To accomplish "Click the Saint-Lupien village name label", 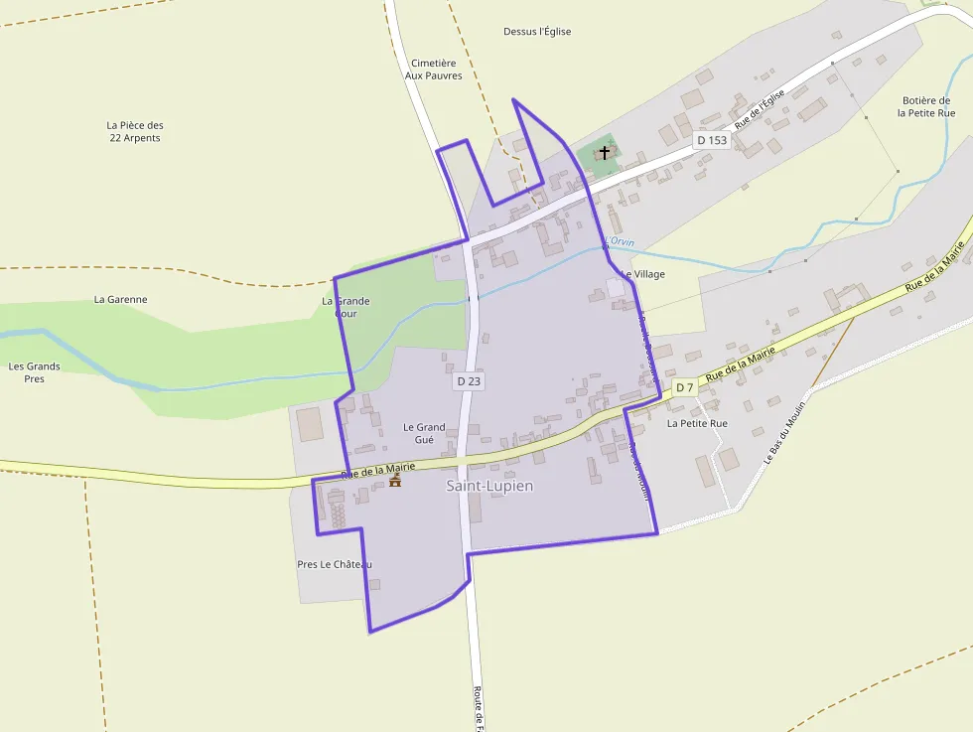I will tap(489, 487).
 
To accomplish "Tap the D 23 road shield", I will tap(469, 380).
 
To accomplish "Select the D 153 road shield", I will tap(712, 140).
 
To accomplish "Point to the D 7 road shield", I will tap(685, 387).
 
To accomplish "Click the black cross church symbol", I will tap(605, 153).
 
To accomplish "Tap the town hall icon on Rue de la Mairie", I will tap(395, 481).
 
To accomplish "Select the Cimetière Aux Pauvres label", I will tap(434, 70).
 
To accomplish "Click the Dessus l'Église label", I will tap(537, 32).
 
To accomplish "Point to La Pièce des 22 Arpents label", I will tap(135, 132).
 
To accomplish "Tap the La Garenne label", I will tap(120, 299).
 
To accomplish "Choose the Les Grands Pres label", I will tap(35, 372).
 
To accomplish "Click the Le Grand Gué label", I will tap(424, 433).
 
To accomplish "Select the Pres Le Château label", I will tap(335, 564).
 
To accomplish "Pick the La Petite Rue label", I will tap(697, 423).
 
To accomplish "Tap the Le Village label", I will tap(642, 274).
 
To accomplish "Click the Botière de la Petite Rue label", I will tap(926, 106).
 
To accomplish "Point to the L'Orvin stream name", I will tap(620, 242).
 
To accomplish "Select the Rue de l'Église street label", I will tap(761, 108).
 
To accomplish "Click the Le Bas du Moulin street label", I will tap(788, 428).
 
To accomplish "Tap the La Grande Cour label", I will tap(346, 307).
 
